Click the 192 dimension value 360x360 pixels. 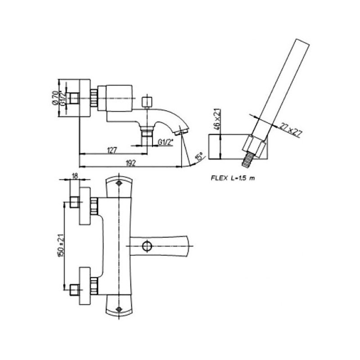coord(131,162)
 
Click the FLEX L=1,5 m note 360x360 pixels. coord(233,178)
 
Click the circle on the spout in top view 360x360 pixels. coord(146,246)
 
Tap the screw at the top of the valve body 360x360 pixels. coord(119,184)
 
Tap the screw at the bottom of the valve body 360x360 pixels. coord(119,309)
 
